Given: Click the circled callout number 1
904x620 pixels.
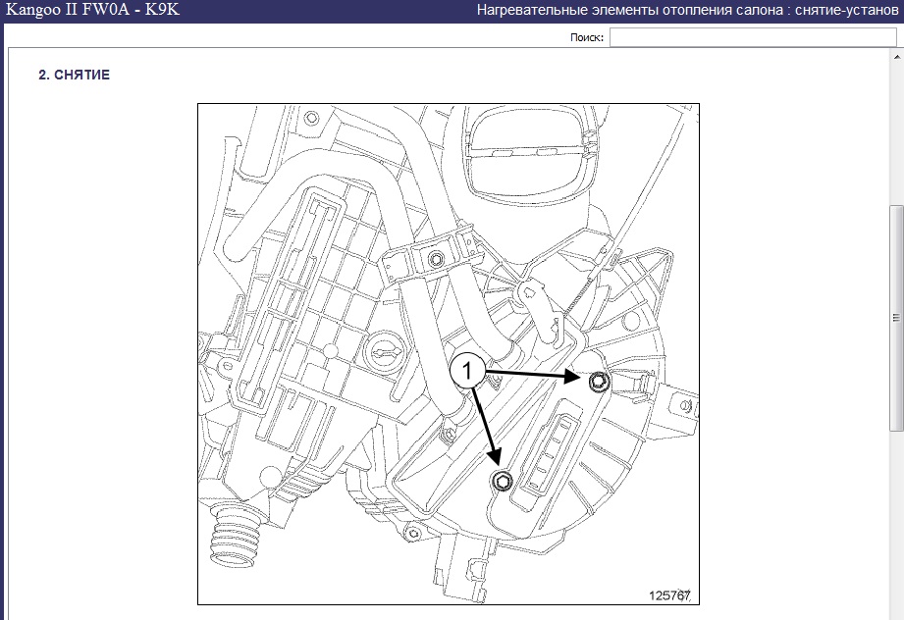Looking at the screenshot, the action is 467,370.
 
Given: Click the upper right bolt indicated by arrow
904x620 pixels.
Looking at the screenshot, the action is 599,381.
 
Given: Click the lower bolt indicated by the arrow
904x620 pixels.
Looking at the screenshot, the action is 502,481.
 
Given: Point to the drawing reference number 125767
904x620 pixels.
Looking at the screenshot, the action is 669,595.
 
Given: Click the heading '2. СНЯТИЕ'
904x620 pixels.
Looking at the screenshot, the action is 74,75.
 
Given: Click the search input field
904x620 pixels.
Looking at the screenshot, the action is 753,37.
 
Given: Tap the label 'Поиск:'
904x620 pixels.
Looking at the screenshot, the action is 587,37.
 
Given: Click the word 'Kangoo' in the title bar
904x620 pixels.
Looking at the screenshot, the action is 35,10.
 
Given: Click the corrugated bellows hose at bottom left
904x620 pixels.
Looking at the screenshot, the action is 234,537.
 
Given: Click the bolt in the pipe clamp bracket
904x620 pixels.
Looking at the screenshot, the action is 436,258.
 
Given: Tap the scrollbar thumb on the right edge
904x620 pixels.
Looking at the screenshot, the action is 896,317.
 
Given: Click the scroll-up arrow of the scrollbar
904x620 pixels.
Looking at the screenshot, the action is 896,57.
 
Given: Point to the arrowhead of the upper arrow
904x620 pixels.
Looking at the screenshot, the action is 573,378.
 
